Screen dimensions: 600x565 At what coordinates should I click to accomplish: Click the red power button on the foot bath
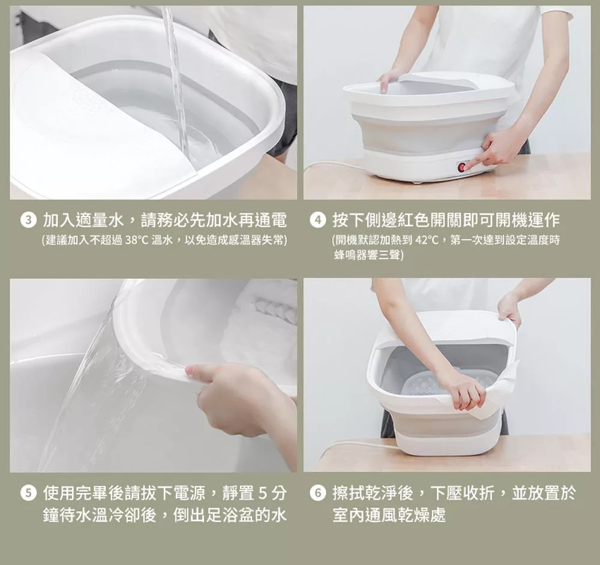click(462, 167)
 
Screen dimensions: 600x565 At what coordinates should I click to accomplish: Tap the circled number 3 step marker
click(28, 221)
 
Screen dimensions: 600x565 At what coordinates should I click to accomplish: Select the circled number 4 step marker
click(317, 221)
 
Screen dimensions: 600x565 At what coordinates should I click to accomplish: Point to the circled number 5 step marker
click(28, 494)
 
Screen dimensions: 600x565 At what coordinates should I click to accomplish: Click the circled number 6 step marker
click(317, 494)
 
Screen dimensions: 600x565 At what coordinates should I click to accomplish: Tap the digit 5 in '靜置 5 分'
click(263, 494)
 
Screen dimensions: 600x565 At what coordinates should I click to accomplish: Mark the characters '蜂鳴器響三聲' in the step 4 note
click(367, 255)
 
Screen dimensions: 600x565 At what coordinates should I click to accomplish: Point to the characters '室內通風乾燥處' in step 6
click(389, 515)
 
